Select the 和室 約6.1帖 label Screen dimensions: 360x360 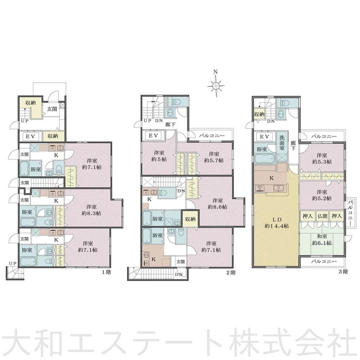(321, 239)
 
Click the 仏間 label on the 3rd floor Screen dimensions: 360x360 (322, 216)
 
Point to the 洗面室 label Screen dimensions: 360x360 (282, 143)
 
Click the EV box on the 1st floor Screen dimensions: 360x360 (30, 136)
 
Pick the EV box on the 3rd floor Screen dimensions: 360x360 (265, 136)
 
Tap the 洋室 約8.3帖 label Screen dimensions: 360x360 (91, 210)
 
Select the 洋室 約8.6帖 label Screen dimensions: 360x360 (217, 203)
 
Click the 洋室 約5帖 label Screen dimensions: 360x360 (159, 156)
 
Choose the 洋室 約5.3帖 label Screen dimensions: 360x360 (322, 158)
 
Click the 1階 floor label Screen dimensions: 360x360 (107, 272)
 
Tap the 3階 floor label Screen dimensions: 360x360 (343, 271)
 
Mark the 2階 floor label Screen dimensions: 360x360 (231, 273)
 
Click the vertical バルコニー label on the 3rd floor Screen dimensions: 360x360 (350, 213)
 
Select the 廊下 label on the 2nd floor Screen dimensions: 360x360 (171, 125)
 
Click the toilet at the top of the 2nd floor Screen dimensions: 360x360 (177, 102)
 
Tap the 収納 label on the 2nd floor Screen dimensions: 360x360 (190, 219)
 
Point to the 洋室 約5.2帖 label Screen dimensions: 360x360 (322, 195)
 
